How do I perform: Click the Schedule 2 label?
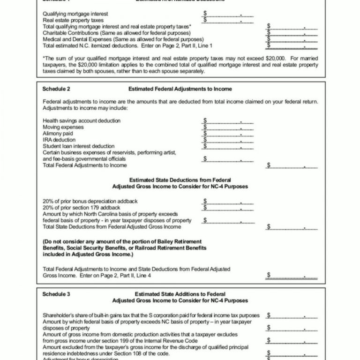pos(56,89)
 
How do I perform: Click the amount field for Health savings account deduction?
pos(229,120)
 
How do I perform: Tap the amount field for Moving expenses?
pos(229,127)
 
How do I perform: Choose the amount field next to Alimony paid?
pos(229,134)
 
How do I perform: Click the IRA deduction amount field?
pos(229,140)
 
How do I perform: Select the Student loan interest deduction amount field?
pos(229,146)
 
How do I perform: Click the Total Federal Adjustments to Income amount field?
pos(292,165)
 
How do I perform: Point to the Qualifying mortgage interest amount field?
pos(229,14)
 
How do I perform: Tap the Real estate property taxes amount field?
pos(229,20)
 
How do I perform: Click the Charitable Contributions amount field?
pos(292,33)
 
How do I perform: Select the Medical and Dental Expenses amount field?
pos(292,39)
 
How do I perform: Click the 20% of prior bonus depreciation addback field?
pos(229,201)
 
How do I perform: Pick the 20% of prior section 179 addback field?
pos(229,208)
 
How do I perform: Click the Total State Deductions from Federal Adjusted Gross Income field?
pos(292,227)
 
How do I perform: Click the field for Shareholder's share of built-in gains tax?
pos(292,315)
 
